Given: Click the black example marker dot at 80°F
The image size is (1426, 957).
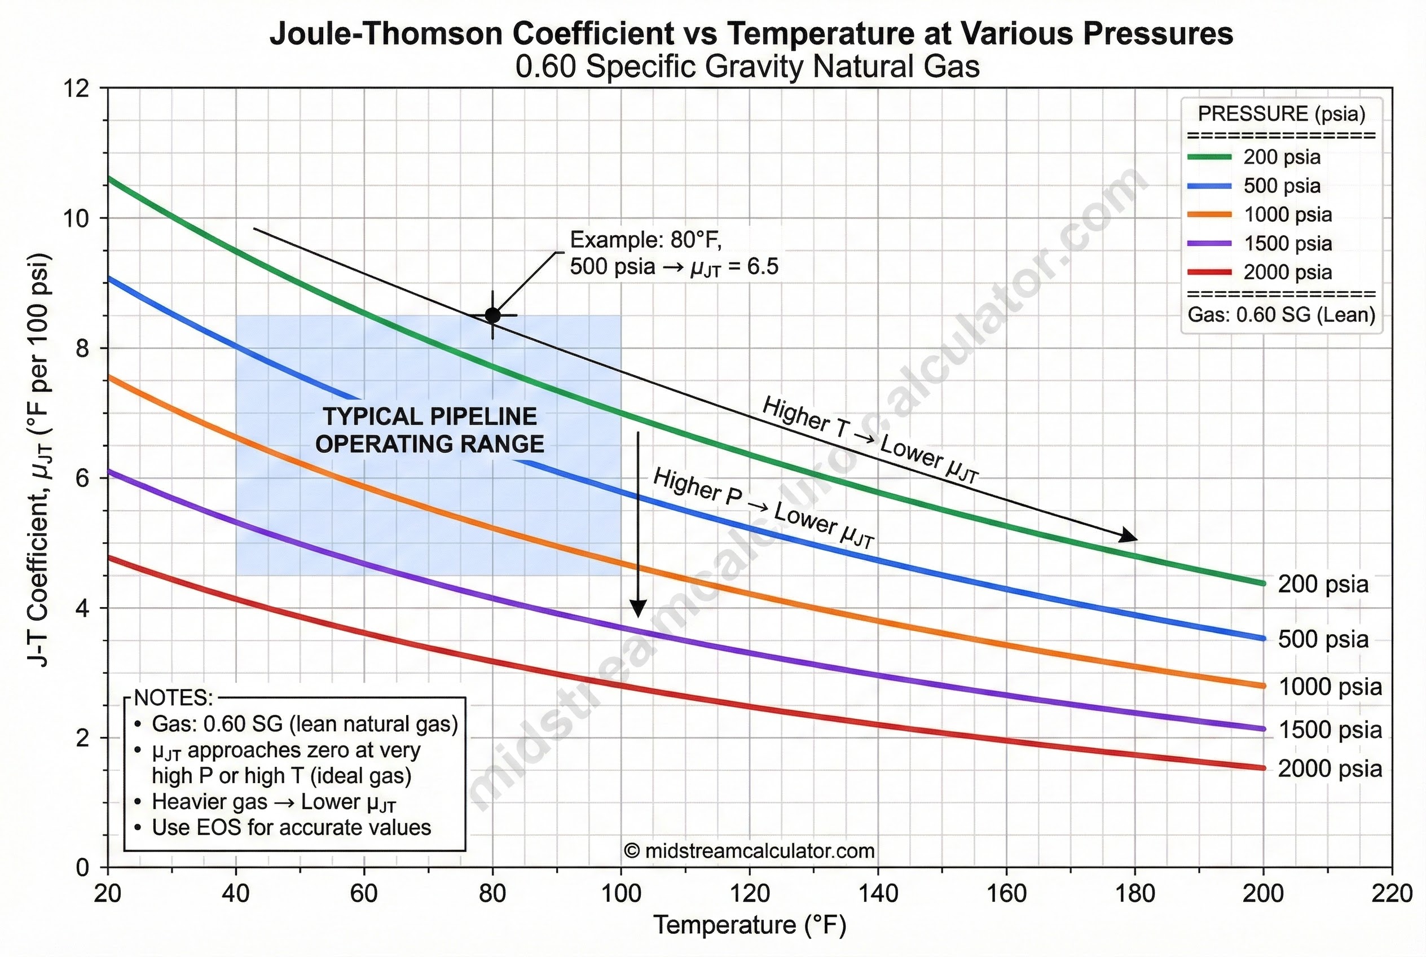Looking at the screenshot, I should click(492, 315).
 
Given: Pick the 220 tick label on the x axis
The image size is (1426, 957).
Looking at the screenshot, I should click(1392, 894).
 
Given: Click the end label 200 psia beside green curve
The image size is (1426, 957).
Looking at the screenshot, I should click(1323, 585).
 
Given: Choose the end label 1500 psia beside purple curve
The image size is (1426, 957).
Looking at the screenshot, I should click(1330, 730).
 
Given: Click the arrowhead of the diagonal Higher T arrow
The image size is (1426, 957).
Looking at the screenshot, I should click(1132, 537).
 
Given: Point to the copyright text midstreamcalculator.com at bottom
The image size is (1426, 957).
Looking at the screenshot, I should click(749, 851).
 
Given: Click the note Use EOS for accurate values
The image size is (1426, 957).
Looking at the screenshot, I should click(291, 828).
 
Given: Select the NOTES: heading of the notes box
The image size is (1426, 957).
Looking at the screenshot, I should click(173, 697).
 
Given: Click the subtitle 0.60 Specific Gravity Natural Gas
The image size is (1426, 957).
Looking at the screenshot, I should click(747, 67).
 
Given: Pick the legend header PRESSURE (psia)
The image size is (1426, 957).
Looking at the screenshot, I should click(1282, 113).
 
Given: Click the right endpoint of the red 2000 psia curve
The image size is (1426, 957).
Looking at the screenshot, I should click(1262, 768).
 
